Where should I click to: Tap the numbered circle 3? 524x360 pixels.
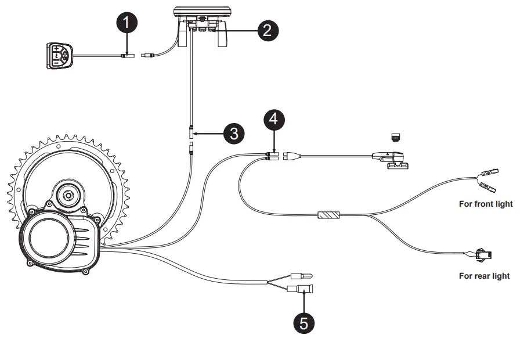(x=233, y=134)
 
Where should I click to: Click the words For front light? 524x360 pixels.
(x=486, y=204)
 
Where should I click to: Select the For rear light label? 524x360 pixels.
(x=485, y=276)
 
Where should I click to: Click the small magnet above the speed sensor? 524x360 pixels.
(x=396, y=138)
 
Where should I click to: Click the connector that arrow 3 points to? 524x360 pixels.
(x=190, y=134)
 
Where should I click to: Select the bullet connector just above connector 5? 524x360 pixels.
(x=301, y=275)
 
